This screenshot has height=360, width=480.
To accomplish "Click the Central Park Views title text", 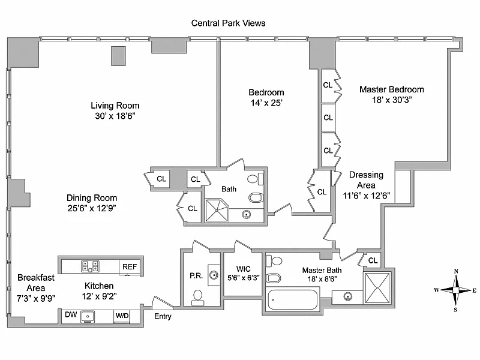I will point(228,23).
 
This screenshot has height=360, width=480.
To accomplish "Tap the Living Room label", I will point(115,105).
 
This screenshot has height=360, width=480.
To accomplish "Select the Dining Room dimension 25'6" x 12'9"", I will point(91,208).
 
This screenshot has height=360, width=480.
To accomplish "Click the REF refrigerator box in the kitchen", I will point(129,266).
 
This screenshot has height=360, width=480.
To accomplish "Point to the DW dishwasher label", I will point(70,314).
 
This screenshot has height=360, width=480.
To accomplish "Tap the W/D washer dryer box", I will point(122,315).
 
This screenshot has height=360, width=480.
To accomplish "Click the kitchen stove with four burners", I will point(90,266).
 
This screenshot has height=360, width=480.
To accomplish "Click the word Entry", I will point(163,316).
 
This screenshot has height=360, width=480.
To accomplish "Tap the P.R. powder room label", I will point(196,276).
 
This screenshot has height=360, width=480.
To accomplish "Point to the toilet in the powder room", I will point(197,295).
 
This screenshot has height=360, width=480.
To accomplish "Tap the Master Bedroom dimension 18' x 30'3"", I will point(391,100).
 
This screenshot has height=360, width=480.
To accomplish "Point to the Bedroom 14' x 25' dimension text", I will point(266,103).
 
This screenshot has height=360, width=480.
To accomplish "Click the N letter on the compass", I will point(456,272).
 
